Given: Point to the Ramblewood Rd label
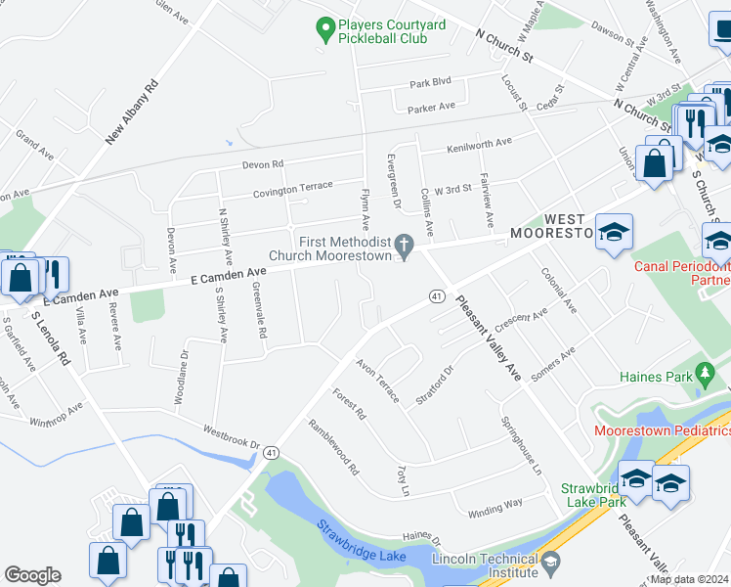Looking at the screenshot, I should tap(333, 447).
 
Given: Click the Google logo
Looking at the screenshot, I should tap(32, 574).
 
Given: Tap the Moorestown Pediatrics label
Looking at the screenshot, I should tap(663, 430).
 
